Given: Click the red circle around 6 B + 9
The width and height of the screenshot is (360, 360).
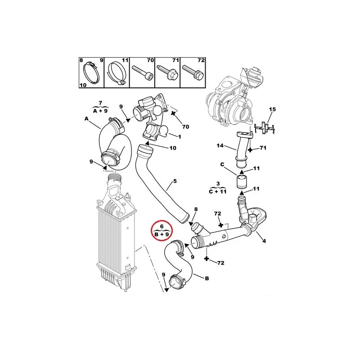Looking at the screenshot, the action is coord(151,231).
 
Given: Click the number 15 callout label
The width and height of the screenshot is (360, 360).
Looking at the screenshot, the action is coord(272,109).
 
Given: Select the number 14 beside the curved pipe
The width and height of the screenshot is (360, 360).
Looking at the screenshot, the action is coord(220,145).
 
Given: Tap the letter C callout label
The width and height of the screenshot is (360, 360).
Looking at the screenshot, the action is coord(222,164).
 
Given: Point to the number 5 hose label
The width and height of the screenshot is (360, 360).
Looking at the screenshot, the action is coord(175,181).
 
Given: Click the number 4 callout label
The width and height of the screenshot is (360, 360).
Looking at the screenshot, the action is coord(264,241).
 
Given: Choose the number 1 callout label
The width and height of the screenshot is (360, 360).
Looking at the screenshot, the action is coord(180,137).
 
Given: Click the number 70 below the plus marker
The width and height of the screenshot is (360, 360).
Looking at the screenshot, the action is coord(185,127).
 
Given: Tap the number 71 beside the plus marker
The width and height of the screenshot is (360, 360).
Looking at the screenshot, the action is coord(263,148).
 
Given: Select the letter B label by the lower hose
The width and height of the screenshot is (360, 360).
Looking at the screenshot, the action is coord(207,278).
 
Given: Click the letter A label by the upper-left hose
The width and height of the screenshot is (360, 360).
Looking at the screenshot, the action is coord(86,119).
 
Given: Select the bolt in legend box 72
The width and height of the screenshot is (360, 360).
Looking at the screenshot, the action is coord(193,72).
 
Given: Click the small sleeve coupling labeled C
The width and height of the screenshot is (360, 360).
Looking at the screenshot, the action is coord(241,181).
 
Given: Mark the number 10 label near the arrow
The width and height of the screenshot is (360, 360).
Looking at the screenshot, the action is coord(173,148).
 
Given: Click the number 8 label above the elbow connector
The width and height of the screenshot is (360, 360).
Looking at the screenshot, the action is coord(196,209).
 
